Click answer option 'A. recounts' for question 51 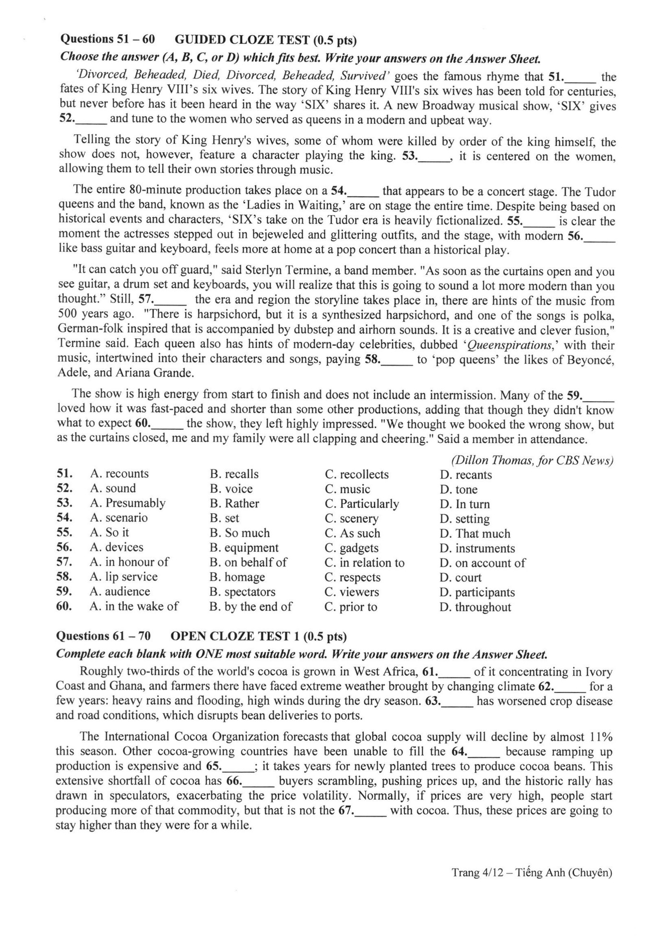[119, 474]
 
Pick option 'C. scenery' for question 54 [351, 519]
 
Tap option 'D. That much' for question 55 [475, 534]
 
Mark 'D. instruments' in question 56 [477, 548]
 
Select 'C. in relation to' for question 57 [364, 563]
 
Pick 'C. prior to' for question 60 [351, 607]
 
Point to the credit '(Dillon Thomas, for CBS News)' [532, 460]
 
